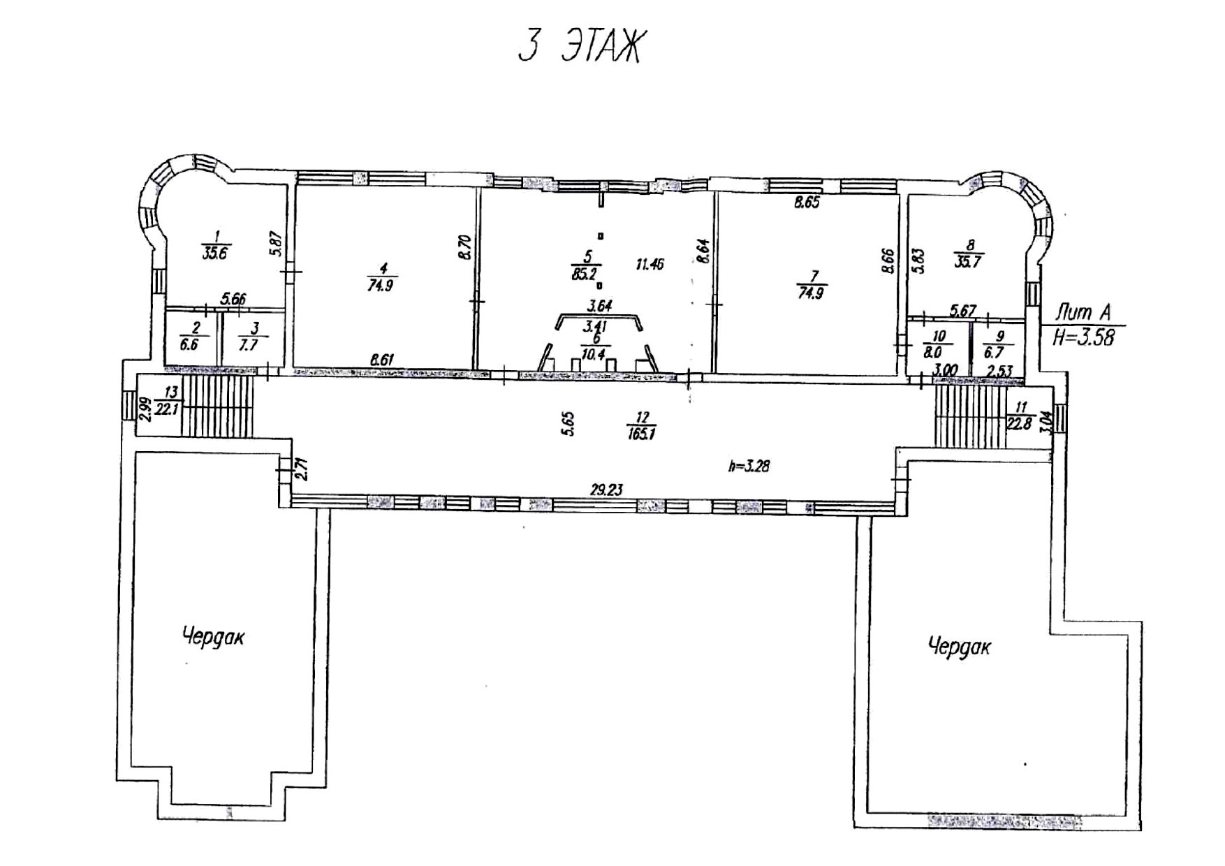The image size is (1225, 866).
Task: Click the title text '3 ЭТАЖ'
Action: (x=579, y=47)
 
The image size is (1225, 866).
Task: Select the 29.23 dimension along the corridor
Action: (x=606, y=490)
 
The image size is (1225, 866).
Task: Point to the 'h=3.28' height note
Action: (x=749, y=465)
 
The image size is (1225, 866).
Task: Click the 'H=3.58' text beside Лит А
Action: (x=1083, y=337)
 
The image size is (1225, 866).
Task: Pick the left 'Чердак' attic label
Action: (x=214, y=637)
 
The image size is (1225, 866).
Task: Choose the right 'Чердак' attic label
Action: (x=959, y=646)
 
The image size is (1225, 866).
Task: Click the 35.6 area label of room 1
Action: (x=214, y=254)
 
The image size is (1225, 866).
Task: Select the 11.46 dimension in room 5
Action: (x=650, y=264)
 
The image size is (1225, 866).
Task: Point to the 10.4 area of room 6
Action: (x=593, y=354)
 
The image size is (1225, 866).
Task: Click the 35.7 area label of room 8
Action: (x=968, y=263)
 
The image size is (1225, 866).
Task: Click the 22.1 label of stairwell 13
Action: (x=167, y=409)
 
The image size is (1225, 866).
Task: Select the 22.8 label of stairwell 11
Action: (x=1020, y=423)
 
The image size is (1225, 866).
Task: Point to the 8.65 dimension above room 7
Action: (x=806, y=203)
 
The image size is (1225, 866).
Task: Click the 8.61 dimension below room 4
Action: (x=382, y=360)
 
